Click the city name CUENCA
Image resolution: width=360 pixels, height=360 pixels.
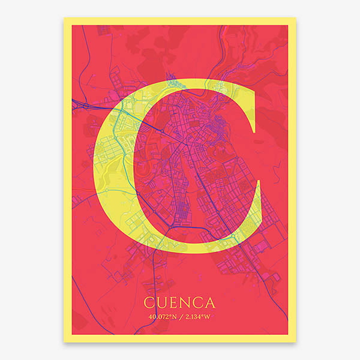(x=179, y=301)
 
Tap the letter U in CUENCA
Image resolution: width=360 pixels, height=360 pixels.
(x=161, y=301)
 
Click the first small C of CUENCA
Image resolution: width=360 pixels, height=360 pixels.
(x=149, y=301)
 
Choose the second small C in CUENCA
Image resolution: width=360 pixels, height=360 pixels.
(x=198, y=301)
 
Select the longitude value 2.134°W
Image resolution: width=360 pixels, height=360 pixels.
(x=198, y=317)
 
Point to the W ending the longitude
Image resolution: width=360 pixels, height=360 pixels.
(x=209, y=317)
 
